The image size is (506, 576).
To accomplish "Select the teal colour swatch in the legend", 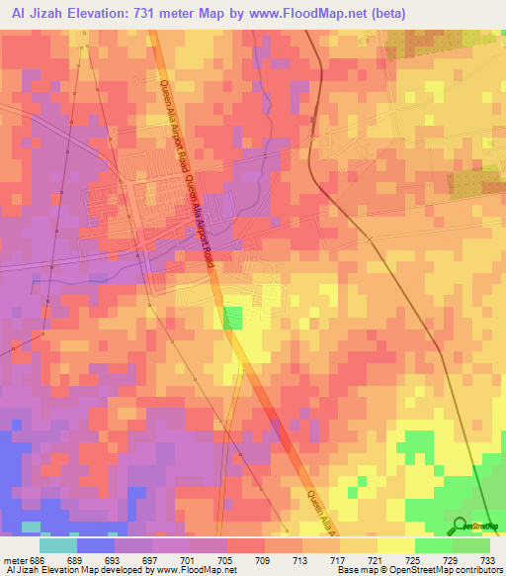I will click(x=57, y=545).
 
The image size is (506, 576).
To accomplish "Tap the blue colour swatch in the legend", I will click(x=95, y=545).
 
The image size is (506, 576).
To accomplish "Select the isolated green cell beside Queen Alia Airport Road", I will click(x=232, y=318).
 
